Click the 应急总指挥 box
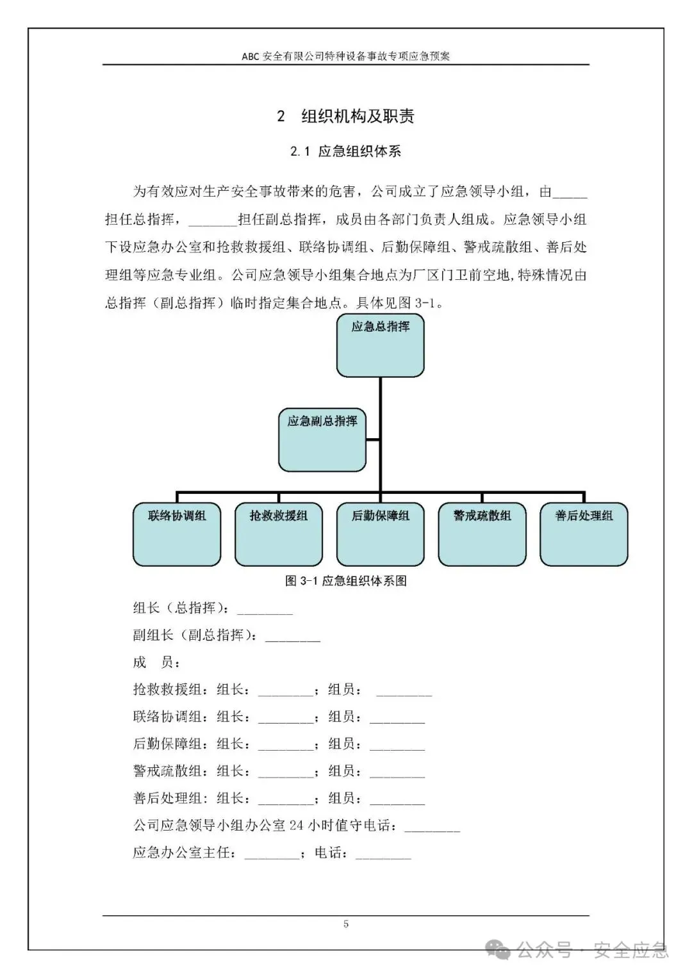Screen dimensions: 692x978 pos(380,345)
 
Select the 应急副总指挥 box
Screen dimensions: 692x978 pos(322,440)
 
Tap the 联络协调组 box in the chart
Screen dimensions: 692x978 pos(177,534)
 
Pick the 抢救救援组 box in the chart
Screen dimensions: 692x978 pos(278,534)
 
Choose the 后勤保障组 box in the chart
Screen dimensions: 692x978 pos(380,534)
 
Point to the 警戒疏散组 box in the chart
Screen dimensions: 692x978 pos(482,534)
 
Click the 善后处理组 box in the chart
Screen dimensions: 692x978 pos(584,534)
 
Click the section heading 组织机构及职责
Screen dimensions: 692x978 pos(358,116)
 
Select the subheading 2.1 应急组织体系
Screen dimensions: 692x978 pos(345,152)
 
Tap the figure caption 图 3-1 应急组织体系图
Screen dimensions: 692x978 pos(345,581)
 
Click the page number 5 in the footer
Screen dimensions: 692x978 pos(346,924)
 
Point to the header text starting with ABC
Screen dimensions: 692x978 pos(345,56)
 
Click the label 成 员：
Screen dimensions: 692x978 pos(156,662)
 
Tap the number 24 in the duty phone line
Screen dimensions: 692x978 pos(296,826)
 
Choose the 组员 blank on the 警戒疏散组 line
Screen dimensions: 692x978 pos(397,774)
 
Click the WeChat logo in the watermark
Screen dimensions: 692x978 pos(498,950)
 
